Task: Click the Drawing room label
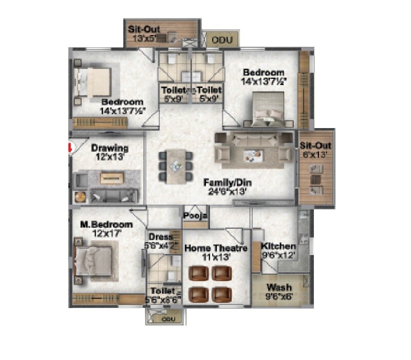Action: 110,148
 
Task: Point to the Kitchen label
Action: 278,246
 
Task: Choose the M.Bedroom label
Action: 106,225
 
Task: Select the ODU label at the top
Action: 219,39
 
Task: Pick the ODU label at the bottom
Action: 168,319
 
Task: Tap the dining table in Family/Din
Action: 176,166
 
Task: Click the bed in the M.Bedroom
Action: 94,259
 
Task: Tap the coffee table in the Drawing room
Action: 112,178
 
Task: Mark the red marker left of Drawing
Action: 71,148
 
